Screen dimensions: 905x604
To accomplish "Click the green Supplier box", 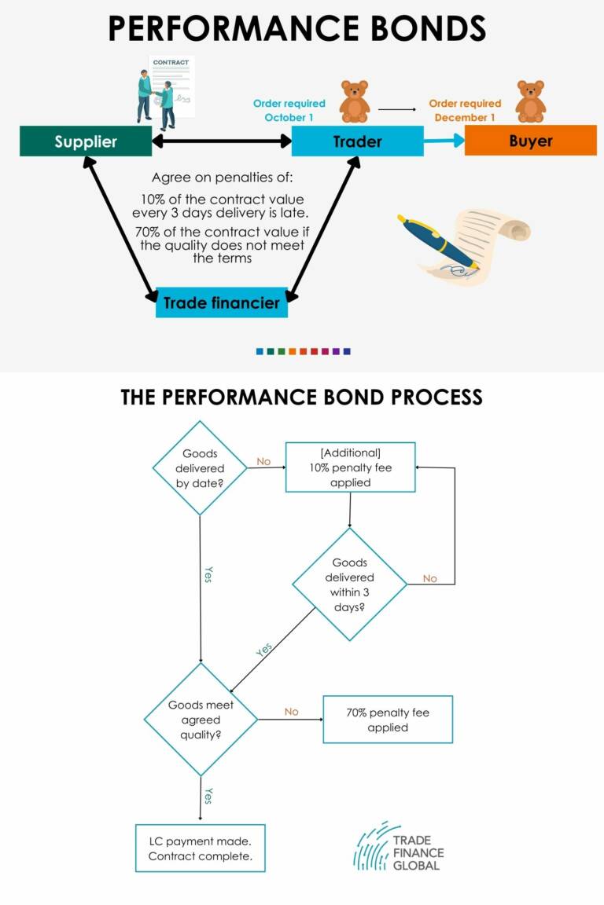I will click(x=86, y=141).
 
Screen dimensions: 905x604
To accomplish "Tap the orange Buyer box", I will click(x=530, y=141).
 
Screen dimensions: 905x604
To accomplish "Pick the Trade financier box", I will click(x=222, y=302).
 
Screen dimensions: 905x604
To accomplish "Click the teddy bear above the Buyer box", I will click(x=530, y=101).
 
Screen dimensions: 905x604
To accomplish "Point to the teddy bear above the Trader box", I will click(x=354, y=101).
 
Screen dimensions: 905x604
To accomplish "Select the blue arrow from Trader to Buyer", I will click(x=444, y=141).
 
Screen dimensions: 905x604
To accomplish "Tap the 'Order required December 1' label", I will click(x=465, y=110).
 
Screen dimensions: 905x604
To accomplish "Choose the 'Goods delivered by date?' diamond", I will click(x=200, y=467).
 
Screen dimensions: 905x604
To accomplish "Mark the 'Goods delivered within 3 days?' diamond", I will click(x=350, y=584).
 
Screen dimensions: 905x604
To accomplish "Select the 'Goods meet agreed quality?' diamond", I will click(x=201, y=719).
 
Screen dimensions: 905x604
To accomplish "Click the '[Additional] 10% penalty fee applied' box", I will click(x=350, y=467).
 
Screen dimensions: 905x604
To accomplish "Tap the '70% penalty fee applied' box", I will click(x=388, y=720).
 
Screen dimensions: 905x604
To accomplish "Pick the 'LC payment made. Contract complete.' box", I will click(x=200, y=848).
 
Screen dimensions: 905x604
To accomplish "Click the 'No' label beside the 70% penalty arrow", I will click(x=291, y=712).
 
